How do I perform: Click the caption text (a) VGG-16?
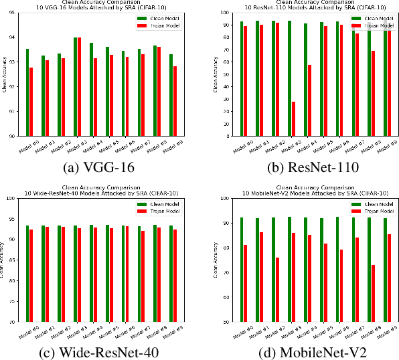point(99,167)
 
